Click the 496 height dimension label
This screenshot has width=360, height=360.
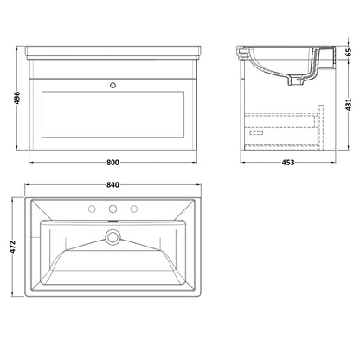click(x=17, y=99)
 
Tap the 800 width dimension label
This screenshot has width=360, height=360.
click(x=112, y=163)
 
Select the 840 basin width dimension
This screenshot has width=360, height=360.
click(x=112, y=185)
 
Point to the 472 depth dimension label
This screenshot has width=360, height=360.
click(x=12, y=247)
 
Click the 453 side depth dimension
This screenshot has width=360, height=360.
click(x=288, y=163)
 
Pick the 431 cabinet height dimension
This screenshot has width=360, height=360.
click(x=349, y=105)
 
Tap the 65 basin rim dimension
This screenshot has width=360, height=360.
click(x=349, y=52)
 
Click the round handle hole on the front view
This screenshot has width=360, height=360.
click(x=113, y=85)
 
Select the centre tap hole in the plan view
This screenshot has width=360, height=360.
click(x=112, y=209)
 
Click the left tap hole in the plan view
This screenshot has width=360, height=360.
click(x=92, y=209)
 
